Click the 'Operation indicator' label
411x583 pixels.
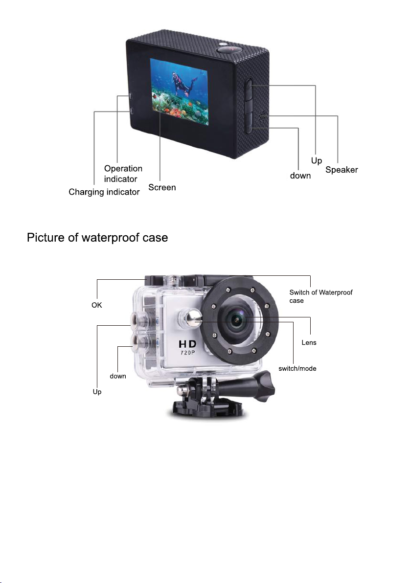[x=123, y=174]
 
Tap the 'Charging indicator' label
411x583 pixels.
[x=104, y=192]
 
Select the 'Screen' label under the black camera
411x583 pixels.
[x=162, y=187]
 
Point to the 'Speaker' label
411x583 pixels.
[x=342, y=170]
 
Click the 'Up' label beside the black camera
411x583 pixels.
[x=317, y=160]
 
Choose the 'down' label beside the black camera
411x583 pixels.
[x=300, y=176]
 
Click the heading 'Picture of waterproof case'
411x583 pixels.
[x=97, y=238]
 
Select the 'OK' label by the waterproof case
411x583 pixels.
[x=97, y=305]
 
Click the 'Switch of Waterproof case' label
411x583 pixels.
[x=320, y=296]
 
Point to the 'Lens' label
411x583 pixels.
[x=309, y=342]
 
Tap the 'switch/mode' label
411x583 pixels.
[x=297, y=368]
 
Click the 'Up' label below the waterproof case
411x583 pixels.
[x=97, y=391]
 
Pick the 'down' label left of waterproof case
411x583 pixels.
[x=118, y=376]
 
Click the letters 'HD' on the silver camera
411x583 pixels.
[x=187, y=344]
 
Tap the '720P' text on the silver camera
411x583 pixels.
[x=188, y=353]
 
